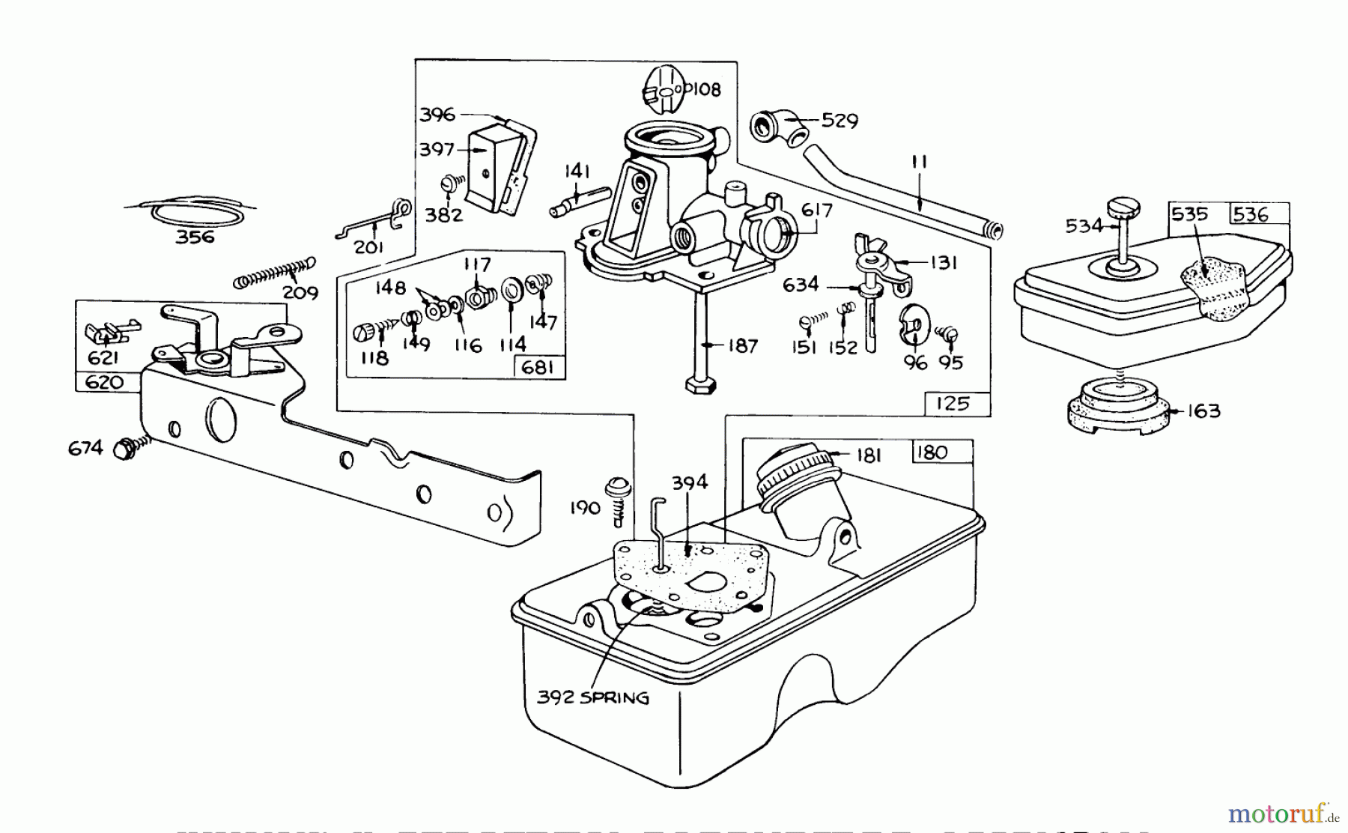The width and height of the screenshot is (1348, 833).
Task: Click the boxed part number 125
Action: (952, 404)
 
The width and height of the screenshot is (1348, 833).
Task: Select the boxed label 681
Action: (538, 369)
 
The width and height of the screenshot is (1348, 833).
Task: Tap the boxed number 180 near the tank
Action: (932, 452)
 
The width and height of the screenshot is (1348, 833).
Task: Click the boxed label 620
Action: (104, 382)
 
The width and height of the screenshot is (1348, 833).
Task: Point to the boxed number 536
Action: (1250, 214)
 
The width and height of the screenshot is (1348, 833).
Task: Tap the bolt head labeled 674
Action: (124, 449)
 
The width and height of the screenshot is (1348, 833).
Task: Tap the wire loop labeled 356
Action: (196, 210)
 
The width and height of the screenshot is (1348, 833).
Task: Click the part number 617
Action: (816, 210)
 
